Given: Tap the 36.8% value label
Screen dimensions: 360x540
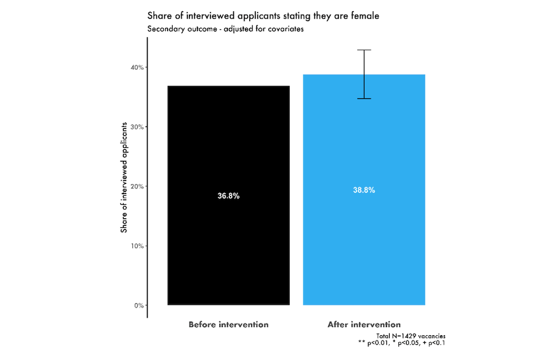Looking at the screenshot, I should pos(228,196).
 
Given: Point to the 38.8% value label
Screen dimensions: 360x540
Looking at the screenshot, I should pos(364,190).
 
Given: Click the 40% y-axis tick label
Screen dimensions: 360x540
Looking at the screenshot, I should pos(137,67).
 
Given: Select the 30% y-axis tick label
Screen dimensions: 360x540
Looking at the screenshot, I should pos(137,127).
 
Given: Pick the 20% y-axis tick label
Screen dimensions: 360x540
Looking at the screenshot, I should pos(137,187).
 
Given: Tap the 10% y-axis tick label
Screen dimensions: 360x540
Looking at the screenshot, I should pos(137,246).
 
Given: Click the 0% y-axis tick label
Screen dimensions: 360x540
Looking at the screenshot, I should pos(138,306).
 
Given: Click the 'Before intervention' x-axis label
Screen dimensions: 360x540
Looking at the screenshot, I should pos(228,325).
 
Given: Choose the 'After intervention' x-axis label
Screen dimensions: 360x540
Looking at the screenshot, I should pos(364,325).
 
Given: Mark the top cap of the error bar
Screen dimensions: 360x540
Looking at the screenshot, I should pos(364,50).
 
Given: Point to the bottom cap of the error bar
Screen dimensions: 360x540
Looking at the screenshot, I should pos(364,98).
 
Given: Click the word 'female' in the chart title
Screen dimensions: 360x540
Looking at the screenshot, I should pos(365,16).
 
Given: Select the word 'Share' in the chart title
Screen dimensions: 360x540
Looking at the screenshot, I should pos(159,16).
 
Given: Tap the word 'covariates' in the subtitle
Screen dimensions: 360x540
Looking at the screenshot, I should pos(285,29).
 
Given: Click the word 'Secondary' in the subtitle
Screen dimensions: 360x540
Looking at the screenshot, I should pos(165,29).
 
